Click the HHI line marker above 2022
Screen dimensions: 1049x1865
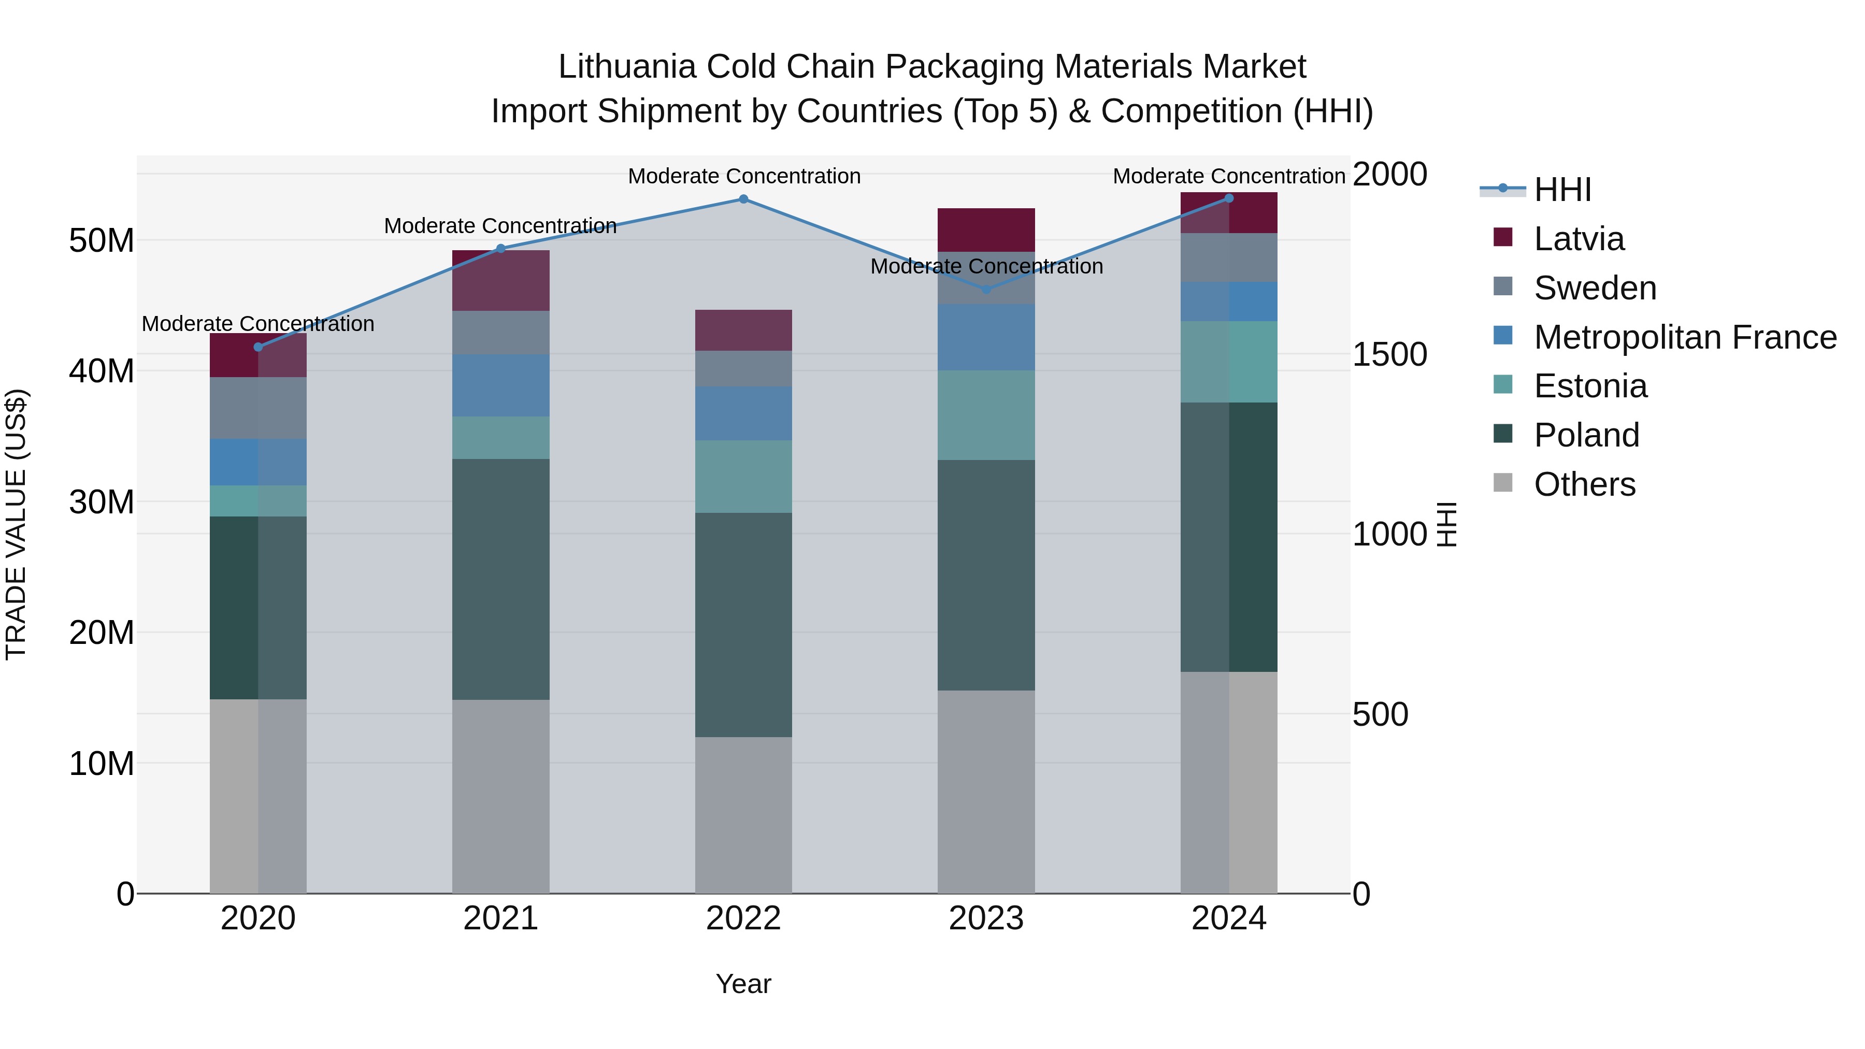point(743,199)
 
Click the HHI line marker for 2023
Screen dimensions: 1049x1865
point(986,290)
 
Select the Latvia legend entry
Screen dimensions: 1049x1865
point(1579,239)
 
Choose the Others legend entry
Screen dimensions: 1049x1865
point(1584,484)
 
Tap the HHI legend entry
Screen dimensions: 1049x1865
point(1562,190)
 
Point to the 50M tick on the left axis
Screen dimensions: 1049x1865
point(102,240)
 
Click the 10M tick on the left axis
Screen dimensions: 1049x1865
point(102,764)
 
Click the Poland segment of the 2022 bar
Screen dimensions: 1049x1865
point(743,625)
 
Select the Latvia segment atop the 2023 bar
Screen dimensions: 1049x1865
point(986,229)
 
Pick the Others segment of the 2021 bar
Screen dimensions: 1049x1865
point(500,796)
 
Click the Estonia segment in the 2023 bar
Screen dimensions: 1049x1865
point(986,415)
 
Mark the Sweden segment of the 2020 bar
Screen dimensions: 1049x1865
point(259,408)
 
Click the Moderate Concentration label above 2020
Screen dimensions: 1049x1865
point(259,324)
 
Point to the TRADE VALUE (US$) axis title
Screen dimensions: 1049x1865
point(16,524)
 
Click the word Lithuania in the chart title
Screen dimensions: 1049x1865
point(627,67)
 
